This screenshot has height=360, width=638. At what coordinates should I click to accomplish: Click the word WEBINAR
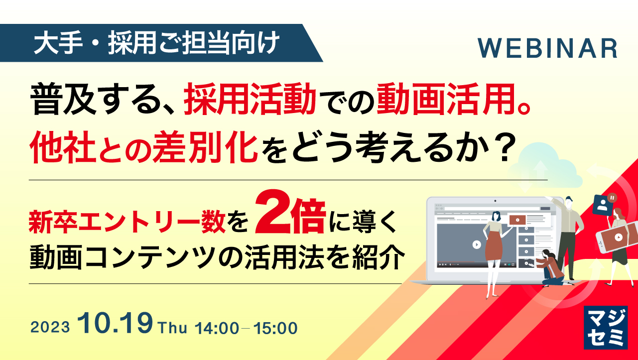point(548,48)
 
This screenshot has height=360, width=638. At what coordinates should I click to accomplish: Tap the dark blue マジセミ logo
point(604,327)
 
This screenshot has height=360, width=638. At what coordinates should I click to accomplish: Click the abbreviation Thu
point(172,328)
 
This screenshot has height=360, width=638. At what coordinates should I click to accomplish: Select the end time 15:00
point(275,328)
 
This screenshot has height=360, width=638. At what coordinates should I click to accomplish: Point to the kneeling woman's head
point(546,254)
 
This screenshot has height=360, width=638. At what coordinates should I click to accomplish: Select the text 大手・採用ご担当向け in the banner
point(154,44)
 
